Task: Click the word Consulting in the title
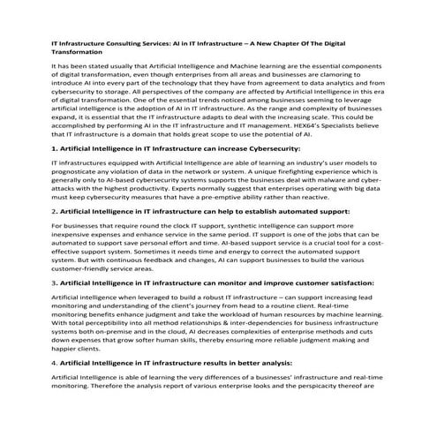[133, 41]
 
